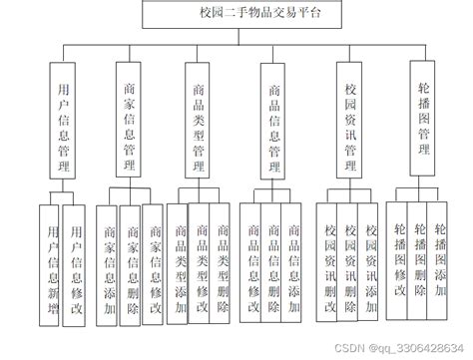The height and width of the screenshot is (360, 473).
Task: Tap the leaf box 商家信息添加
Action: [107, 259]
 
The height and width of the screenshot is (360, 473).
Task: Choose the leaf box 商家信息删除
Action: [130, 259]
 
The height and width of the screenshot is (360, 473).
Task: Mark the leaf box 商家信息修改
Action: [153, 259]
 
